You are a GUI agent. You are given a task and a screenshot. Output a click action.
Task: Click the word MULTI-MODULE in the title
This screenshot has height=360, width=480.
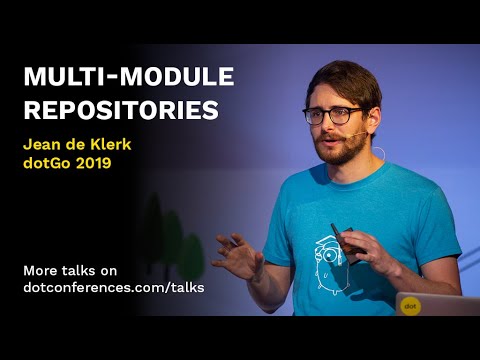[x=128, y=78]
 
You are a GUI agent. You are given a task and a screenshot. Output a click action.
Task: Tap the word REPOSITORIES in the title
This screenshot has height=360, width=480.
[x=120, y=109]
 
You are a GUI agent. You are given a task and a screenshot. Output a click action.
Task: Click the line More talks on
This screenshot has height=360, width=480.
[x=69, y=269]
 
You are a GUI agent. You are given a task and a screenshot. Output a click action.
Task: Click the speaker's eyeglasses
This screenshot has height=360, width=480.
[x=332, y=115]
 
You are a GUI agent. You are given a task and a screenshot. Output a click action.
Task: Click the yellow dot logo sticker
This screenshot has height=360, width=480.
[x=410, y=304]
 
